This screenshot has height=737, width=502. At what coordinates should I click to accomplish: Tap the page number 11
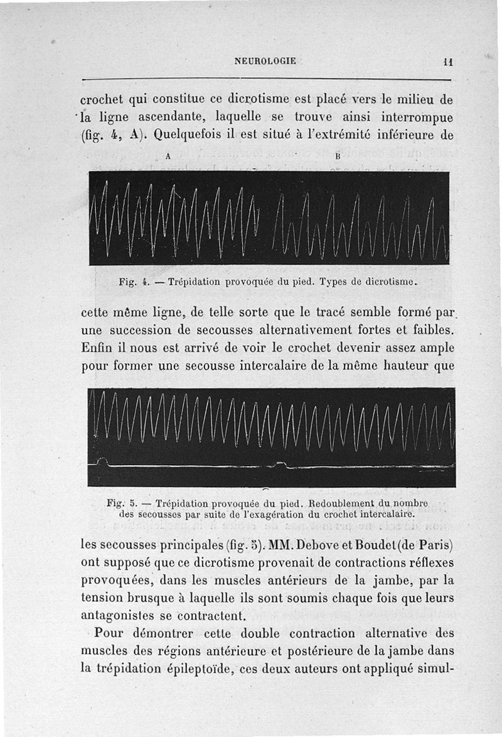point(447,62)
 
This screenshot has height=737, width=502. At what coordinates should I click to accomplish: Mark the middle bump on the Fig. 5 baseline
point(280,464)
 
